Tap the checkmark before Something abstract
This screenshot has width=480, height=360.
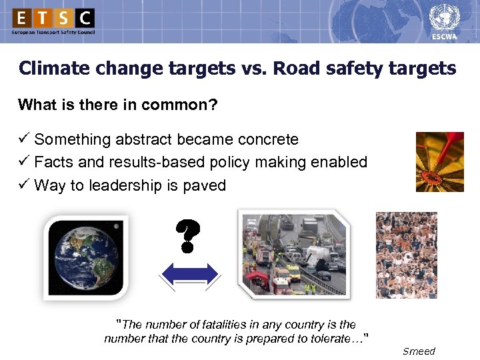(24, 139)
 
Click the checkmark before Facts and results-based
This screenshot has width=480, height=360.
(24, 162)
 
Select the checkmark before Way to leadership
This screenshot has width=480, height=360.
(24, 185)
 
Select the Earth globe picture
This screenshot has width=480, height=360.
(87, 257)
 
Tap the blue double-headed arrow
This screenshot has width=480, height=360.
(191, 275)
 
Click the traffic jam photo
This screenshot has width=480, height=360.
(293, 253)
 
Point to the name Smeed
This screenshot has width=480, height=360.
(419, 351)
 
